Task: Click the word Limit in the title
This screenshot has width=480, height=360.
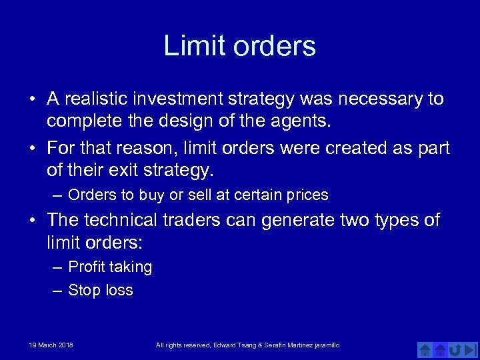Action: [x=188, y=46]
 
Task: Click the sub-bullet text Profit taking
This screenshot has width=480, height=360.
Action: [x=110, y=267]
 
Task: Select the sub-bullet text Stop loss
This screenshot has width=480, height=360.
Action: [x=101, y=291]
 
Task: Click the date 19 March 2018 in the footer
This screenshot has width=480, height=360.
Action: [x=51, y=345]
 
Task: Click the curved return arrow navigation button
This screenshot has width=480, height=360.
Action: [x=456, y=349]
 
